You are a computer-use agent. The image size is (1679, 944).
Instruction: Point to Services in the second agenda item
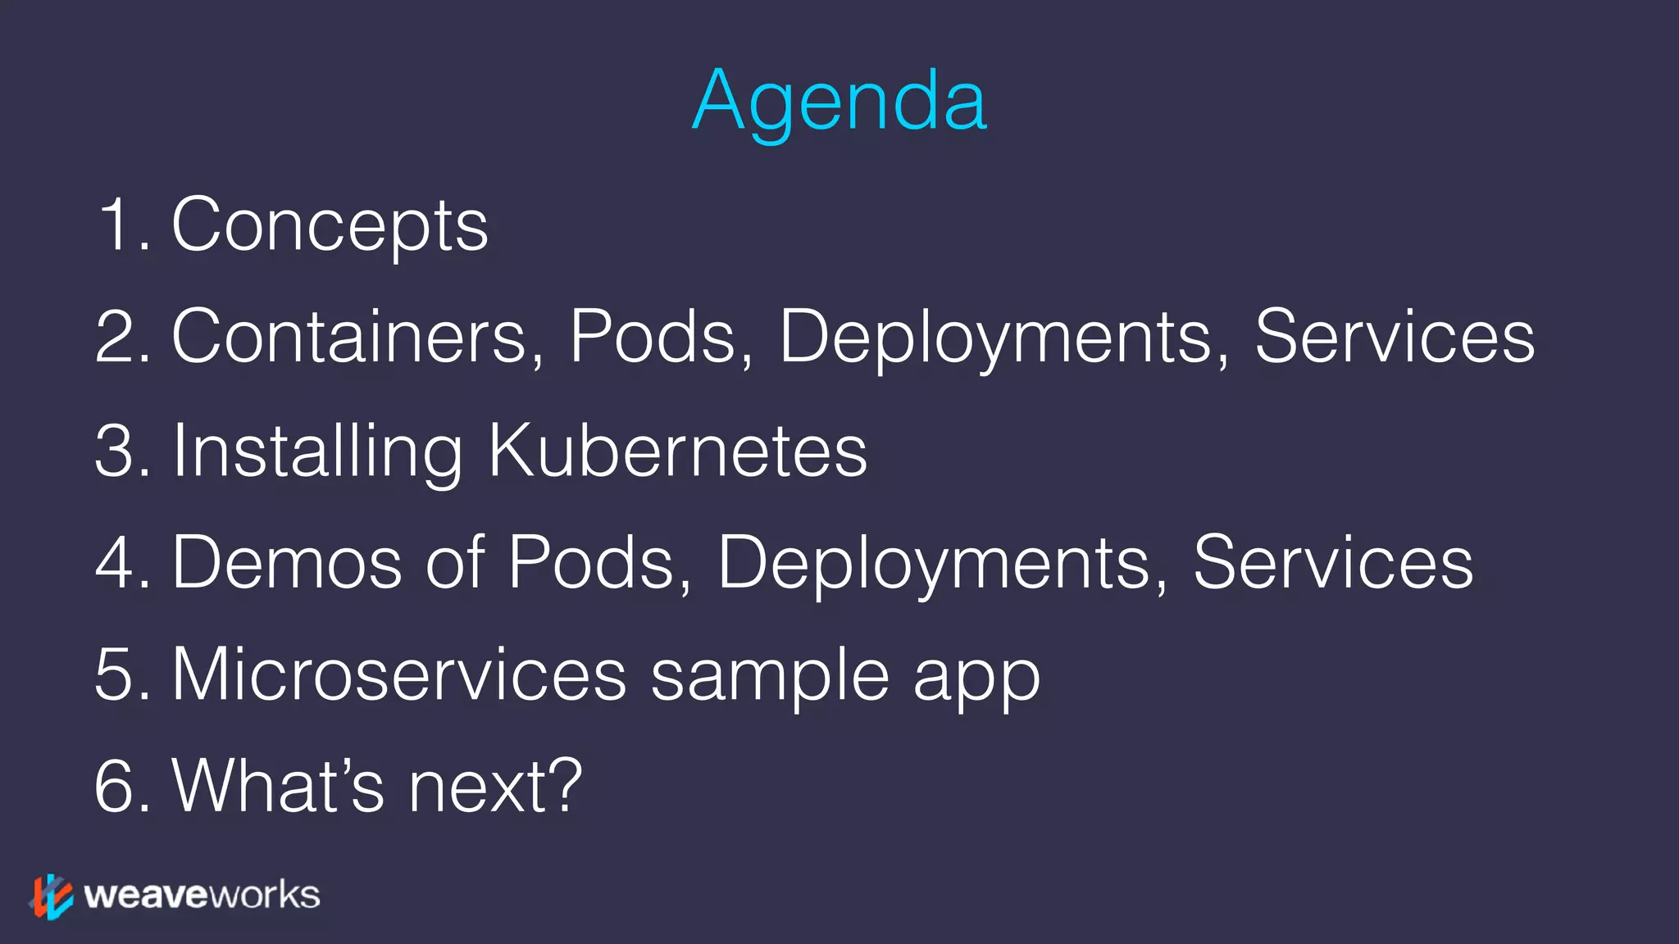point(1394,337)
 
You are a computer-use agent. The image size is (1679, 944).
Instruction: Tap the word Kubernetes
point(677,451)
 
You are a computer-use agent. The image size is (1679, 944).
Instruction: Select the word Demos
point(287,563)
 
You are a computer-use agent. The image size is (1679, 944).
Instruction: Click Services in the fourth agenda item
point(1333,563)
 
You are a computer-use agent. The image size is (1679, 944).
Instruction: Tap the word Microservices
point(400,675)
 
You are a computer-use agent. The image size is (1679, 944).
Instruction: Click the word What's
point(278,787)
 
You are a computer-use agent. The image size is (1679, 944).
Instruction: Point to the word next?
point(495,787)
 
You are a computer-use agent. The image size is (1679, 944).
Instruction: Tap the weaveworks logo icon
point(52,896)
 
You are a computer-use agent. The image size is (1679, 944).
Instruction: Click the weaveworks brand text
point(202,896)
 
